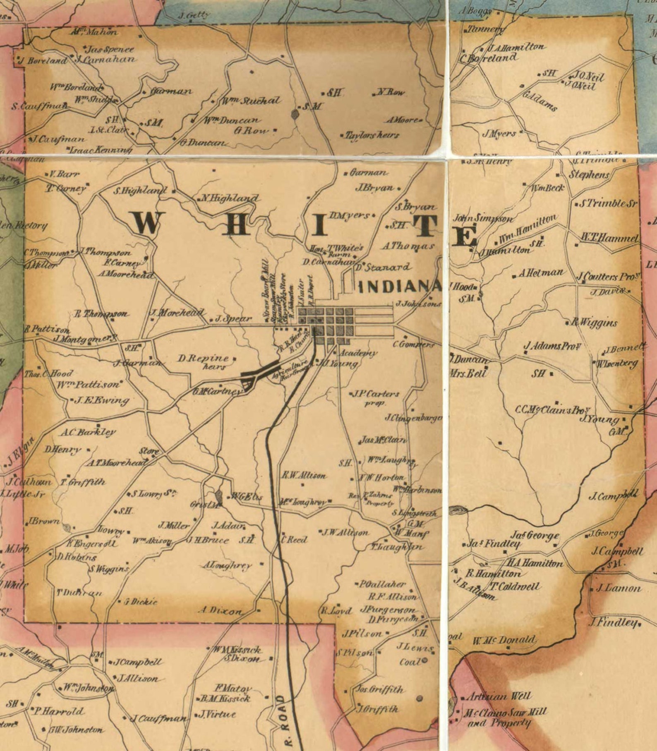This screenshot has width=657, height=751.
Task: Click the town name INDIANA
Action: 399,287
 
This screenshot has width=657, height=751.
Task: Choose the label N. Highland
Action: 230,198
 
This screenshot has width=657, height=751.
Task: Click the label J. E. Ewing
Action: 102,400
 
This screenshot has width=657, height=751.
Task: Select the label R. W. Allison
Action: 304,475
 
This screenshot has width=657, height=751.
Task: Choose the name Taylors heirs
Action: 372,135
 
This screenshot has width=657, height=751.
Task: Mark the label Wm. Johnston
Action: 88,688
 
